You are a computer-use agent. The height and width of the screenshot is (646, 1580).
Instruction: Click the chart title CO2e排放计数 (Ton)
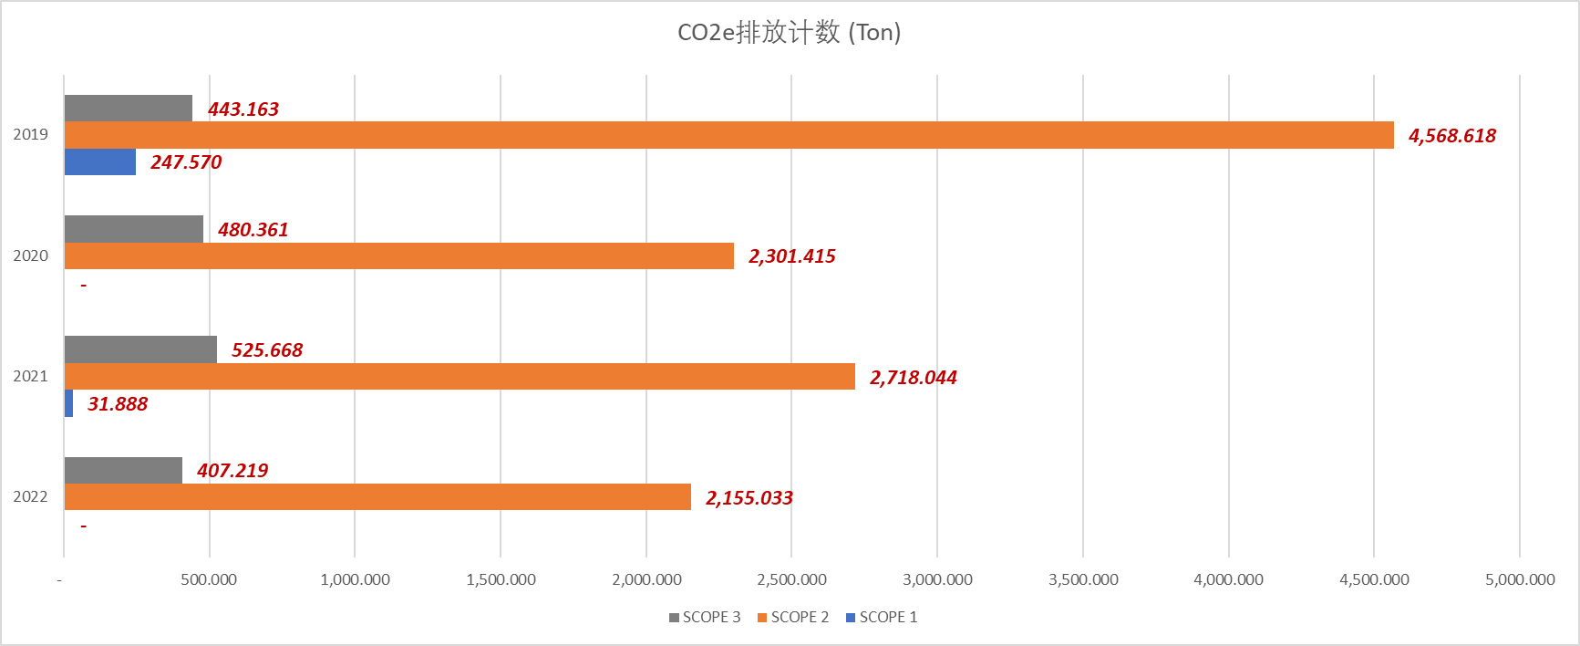(x=789, y=33)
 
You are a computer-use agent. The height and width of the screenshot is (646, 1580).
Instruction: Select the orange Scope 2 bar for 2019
(x=728, y=135)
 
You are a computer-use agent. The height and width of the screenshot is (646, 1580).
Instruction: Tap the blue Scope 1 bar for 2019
(x=100, y=162)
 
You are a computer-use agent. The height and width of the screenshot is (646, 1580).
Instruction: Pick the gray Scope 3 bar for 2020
(x=134, y=229)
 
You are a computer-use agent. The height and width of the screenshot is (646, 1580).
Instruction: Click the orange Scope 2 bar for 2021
(x=460, y=377)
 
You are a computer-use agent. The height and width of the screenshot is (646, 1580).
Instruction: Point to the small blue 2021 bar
(x=68, y=403)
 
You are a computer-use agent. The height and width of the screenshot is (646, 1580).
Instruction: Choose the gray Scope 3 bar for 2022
(x=123, y=471)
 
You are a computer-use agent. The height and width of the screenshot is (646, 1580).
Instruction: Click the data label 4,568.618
(x=1451, y=136)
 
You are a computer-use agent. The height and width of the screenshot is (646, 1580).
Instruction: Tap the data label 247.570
(x=186, y=162)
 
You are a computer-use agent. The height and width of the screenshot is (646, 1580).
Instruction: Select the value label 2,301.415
(x=791, y=256)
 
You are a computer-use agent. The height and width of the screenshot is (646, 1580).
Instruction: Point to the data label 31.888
(x=118, y=404)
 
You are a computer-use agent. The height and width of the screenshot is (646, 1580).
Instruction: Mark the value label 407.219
(x=232, y=471)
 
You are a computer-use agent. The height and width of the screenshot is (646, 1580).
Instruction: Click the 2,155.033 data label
(x=749, y=498)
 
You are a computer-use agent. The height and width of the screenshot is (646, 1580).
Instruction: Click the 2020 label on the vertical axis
(x=30, y=255)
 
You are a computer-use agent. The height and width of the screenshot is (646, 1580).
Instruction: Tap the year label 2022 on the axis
(x=30, y=496)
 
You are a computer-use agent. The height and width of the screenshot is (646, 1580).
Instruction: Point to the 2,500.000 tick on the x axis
(x=791, y=579)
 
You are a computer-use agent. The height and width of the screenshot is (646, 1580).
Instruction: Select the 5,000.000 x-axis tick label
(x=1520, y=579)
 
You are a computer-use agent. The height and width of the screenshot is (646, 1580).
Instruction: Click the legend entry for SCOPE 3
(x=706, y=618)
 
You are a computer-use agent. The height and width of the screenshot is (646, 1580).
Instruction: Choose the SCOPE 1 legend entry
(x=883, y=618)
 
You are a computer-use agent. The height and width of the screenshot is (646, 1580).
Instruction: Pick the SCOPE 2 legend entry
(x=794, y=618)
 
